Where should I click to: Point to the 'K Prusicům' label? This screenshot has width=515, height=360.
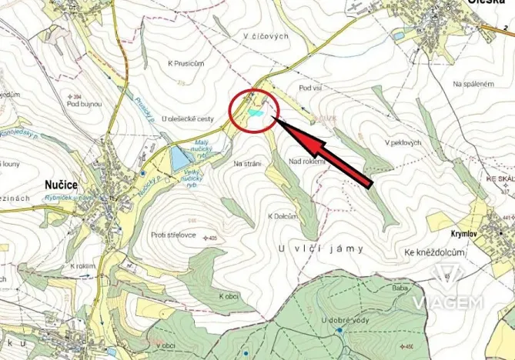click(x=186, y=63)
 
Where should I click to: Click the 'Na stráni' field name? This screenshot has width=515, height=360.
click(x=248, y=164)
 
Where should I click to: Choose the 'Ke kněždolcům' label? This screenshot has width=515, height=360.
click(x=434, y=252)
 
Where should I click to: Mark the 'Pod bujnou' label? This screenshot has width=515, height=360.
click(x=84, y=103)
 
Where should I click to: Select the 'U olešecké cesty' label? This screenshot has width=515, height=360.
click(x=188, y=119)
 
